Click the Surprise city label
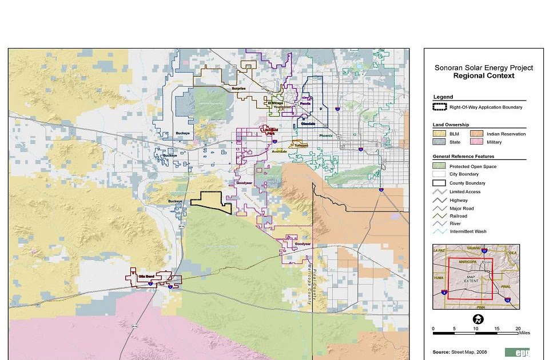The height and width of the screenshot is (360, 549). point(238,89)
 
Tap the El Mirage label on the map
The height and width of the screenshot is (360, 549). point(276,103)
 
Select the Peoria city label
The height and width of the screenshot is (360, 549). point(305,103)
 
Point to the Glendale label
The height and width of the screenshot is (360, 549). point(308,123)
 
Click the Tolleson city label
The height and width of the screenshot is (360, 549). point(301,145)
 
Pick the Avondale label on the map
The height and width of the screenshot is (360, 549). point(280,151)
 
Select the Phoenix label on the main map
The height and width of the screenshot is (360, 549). point(326,136)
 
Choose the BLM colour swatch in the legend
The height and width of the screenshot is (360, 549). point(440,134)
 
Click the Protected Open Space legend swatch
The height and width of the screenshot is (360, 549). point(440,166)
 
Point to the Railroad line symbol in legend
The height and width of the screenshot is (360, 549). point(440,216)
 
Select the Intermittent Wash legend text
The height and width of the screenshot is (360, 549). point(467,231)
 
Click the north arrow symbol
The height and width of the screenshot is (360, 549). point(476,319)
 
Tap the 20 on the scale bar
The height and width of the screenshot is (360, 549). point(518,328)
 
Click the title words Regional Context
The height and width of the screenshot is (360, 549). point(483,75)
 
